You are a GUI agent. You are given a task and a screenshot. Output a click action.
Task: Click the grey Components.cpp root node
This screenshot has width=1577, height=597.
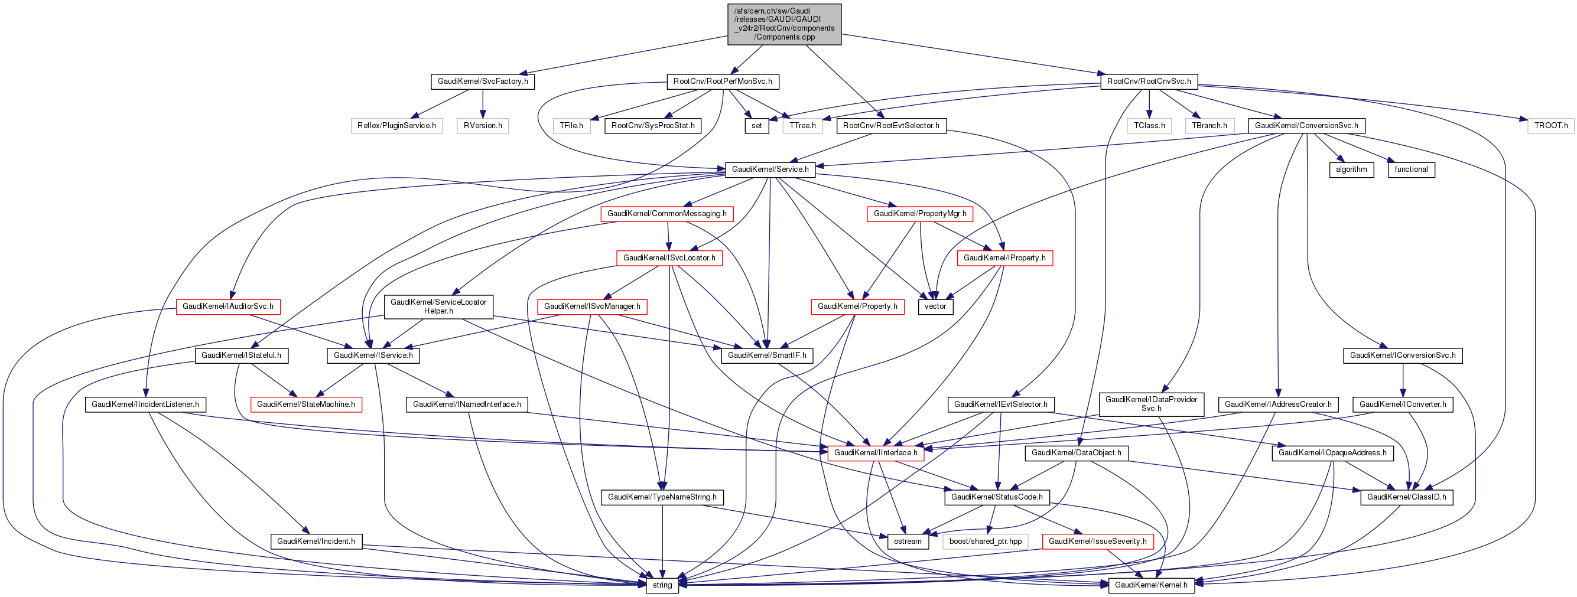point(784,24)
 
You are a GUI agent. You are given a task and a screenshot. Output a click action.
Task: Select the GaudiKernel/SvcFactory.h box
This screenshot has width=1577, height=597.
point(482,81)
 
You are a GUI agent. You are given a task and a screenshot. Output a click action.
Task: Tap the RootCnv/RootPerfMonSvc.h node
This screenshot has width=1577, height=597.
point(723,81)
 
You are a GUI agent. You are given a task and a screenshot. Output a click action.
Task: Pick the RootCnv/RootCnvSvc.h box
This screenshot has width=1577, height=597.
point(1149,81)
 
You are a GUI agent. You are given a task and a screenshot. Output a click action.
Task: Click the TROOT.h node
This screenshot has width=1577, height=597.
point(1550,125)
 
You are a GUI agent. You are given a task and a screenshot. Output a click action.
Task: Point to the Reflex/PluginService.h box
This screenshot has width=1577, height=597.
point(396,125)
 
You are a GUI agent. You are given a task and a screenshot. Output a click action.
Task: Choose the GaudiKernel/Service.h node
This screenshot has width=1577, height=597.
point(769,169)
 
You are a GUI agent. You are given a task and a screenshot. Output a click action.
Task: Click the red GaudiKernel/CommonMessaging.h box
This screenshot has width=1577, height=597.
point(666,214)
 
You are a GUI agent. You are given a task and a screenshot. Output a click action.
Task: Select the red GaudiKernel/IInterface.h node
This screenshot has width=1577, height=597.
point(876,453)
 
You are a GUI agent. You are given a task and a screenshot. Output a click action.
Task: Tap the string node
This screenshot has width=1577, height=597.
point(662,585)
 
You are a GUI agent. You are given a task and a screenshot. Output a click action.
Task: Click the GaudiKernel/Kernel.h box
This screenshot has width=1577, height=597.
point(1151,585)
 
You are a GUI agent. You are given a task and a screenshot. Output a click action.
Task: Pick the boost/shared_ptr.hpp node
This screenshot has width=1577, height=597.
point(985,541)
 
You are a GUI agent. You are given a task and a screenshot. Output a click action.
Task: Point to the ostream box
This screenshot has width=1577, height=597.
point(908,541)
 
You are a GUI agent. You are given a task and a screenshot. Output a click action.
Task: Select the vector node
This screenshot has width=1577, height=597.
point(935,306)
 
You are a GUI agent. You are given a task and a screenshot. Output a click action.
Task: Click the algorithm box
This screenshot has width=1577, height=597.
point(1351,169)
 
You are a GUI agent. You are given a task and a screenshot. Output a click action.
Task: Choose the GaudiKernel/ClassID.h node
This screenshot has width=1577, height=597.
point(1406,497)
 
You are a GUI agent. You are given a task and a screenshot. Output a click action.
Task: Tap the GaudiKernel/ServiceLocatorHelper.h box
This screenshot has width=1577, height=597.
point(438,306)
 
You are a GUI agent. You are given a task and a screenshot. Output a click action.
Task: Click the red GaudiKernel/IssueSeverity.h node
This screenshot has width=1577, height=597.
point(1097,541)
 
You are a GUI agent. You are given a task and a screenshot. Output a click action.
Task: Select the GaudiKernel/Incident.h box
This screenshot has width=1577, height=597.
point(316,541)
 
